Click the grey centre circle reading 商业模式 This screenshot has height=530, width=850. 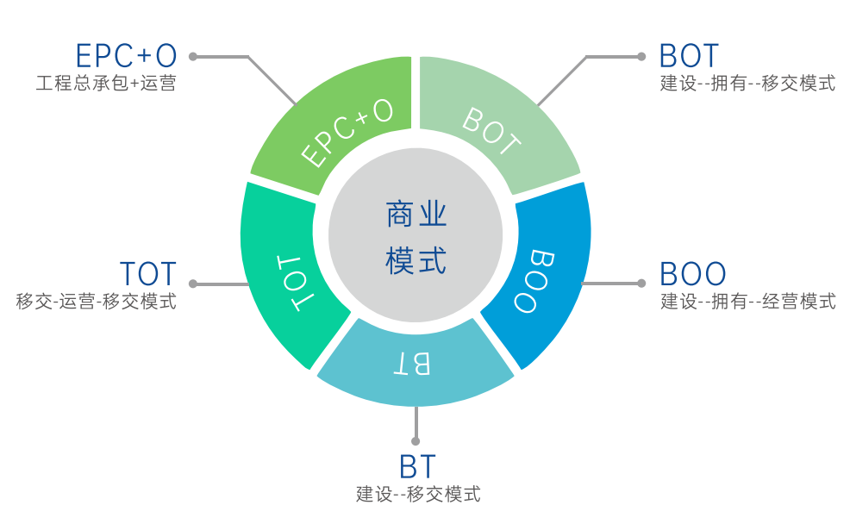(x=416, y=234)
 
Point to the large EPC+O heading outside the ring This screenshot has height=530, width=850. (x=127, y=56)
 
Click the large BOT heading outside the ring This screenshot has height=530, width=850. (x=689, y=56)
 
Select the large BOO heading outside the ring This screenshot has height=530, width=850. (x=692, y=274)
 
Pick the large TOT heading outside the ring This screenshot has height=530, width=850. (x=148, y=274)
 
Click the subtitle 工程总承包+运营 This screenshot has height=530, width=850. (x=106, y=84)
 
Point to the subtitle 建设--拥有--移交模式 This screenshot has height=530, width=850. (x=747, y=84)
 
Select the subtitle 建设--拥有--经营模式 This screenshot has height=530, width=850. (x=747, y=302)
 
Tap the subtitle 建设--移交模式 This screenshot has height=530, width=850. (x=418, y=495)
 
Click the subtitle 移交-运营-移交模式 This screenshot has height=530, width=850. (x=97, y=302)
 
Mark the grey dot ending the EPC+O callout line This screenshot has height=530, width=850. (x=193, y=57)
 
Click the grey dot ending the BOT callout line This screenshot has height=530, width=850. (x=641, y=57)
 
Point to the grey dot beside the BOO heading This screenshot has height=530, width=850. (x=641, y=283)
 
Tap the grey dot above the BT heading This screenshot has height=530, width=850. (x=417, y=439)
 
